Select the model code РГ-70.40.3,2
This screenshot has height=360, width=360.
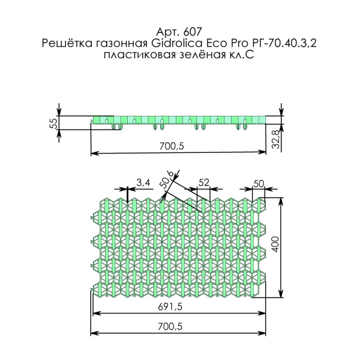tap(284, 43)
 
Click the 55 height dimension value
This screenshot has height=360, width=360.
tap(53, 123)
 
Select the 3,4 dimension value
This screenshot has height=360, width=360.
tap(143, 182)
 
